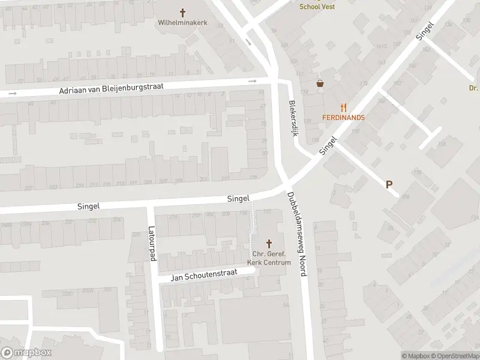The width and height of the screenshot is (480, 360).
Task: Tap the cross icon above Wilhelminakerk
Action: [183, 12]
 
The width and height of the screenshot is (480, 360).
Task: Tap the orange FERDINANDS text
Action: [343, 117]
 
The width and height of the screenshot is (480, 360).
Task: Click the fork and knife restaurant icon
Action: [343, 107]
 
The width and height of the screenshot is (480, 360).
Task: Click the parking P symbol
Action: [389, 185]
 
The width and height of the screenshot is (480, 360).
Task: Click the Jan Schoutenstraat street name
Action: [204, 275]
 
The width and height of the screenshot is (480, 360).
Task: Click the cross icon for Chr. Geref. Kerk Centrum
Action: [269, 244]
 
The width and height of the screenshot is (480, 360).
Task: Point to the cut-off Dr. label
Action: [473, 88]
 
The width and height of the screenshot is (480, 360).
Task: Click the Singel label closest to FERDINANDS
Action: [329, 146]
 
